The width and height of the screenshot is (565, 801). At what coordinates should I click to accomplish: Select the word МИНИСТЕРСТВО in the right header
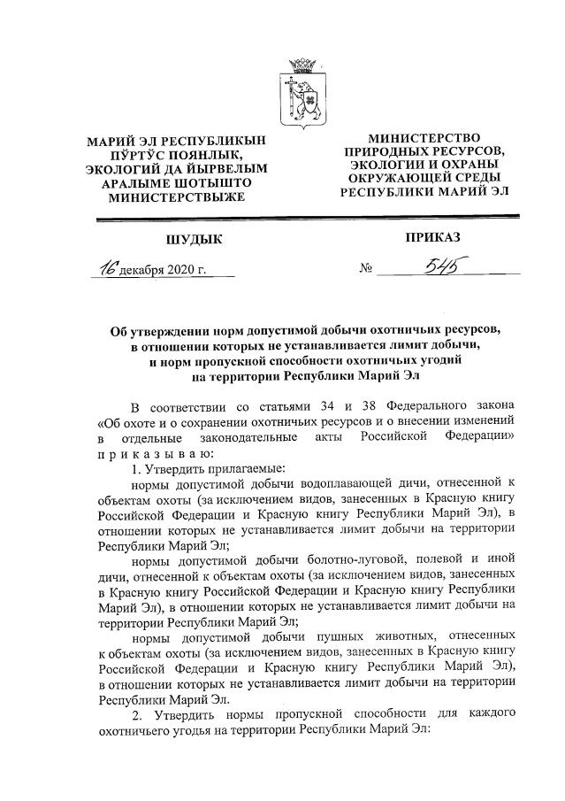click(x=424, y=139)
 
